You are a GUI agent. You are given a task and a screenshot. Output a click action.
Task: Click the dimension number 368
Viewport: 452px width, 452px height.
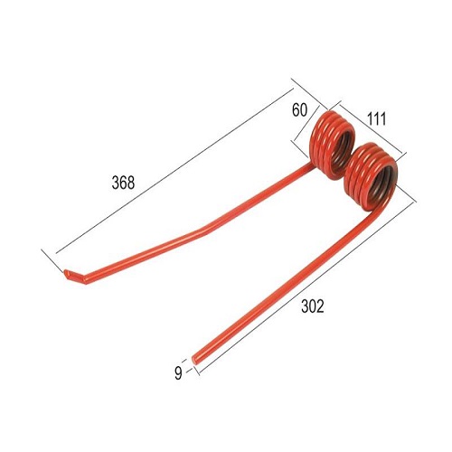tap(123, 183)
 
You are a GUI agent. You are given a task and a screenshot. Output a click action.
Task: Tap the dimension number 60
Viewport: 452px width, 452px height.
tap(299, 110)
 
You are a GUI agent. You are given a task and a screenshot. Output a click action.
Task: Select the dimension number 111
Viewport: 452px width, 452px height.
tap(376, 118)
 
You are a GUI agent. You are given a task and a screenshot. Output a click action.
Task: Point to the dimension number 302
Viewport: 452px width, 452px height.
tap(313, 306)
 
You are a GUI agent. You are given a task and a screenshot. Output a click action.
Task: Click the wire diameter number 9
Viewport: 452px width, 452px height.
tap(178, 373)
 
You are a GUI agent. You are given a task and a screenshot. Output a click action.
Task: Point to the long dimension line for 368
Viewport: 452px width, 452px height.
tap(174, 170)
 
